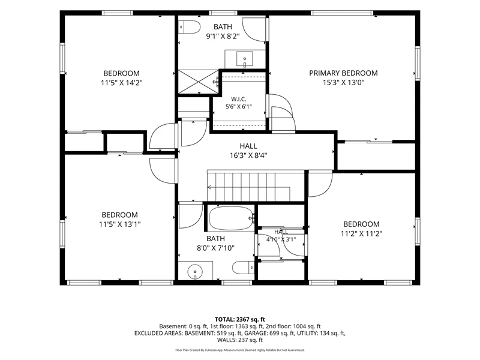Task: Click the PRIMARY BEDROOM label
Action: click(343, 73)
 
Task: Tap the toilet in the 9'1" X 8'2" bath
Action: click(189, 27)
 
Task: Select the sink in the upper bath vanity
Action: click(245, 59)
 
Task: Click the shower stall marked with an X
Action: click(199, 82)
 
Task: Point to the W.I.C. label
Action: click(238, 99)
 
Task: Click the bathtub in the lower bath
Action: click(232, 218)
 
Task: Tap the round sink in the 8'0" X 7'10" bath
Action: click(195, 272)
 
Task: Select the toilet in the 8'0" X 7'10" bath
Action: click(244, 268)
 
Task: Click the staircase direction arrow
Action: click(248, 187)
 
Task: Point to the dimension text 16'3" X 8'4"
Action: click(248, 155)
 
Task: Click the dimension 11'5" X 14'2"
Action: click(122, 83)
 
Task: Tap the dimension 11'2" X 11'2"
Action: click(361, 234)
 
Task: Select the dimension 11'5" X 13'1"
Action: click(119, 224)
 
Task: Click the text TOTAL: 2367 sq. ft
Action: click(239, 320)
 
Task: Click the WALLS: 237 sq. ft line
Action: click(239, 340)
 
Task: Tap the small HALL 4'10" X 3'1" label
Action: click(281, 235)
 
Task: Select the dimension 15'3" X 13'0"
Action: click(343, 82)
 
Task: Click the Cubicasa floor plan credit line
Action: click(239, 350)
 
